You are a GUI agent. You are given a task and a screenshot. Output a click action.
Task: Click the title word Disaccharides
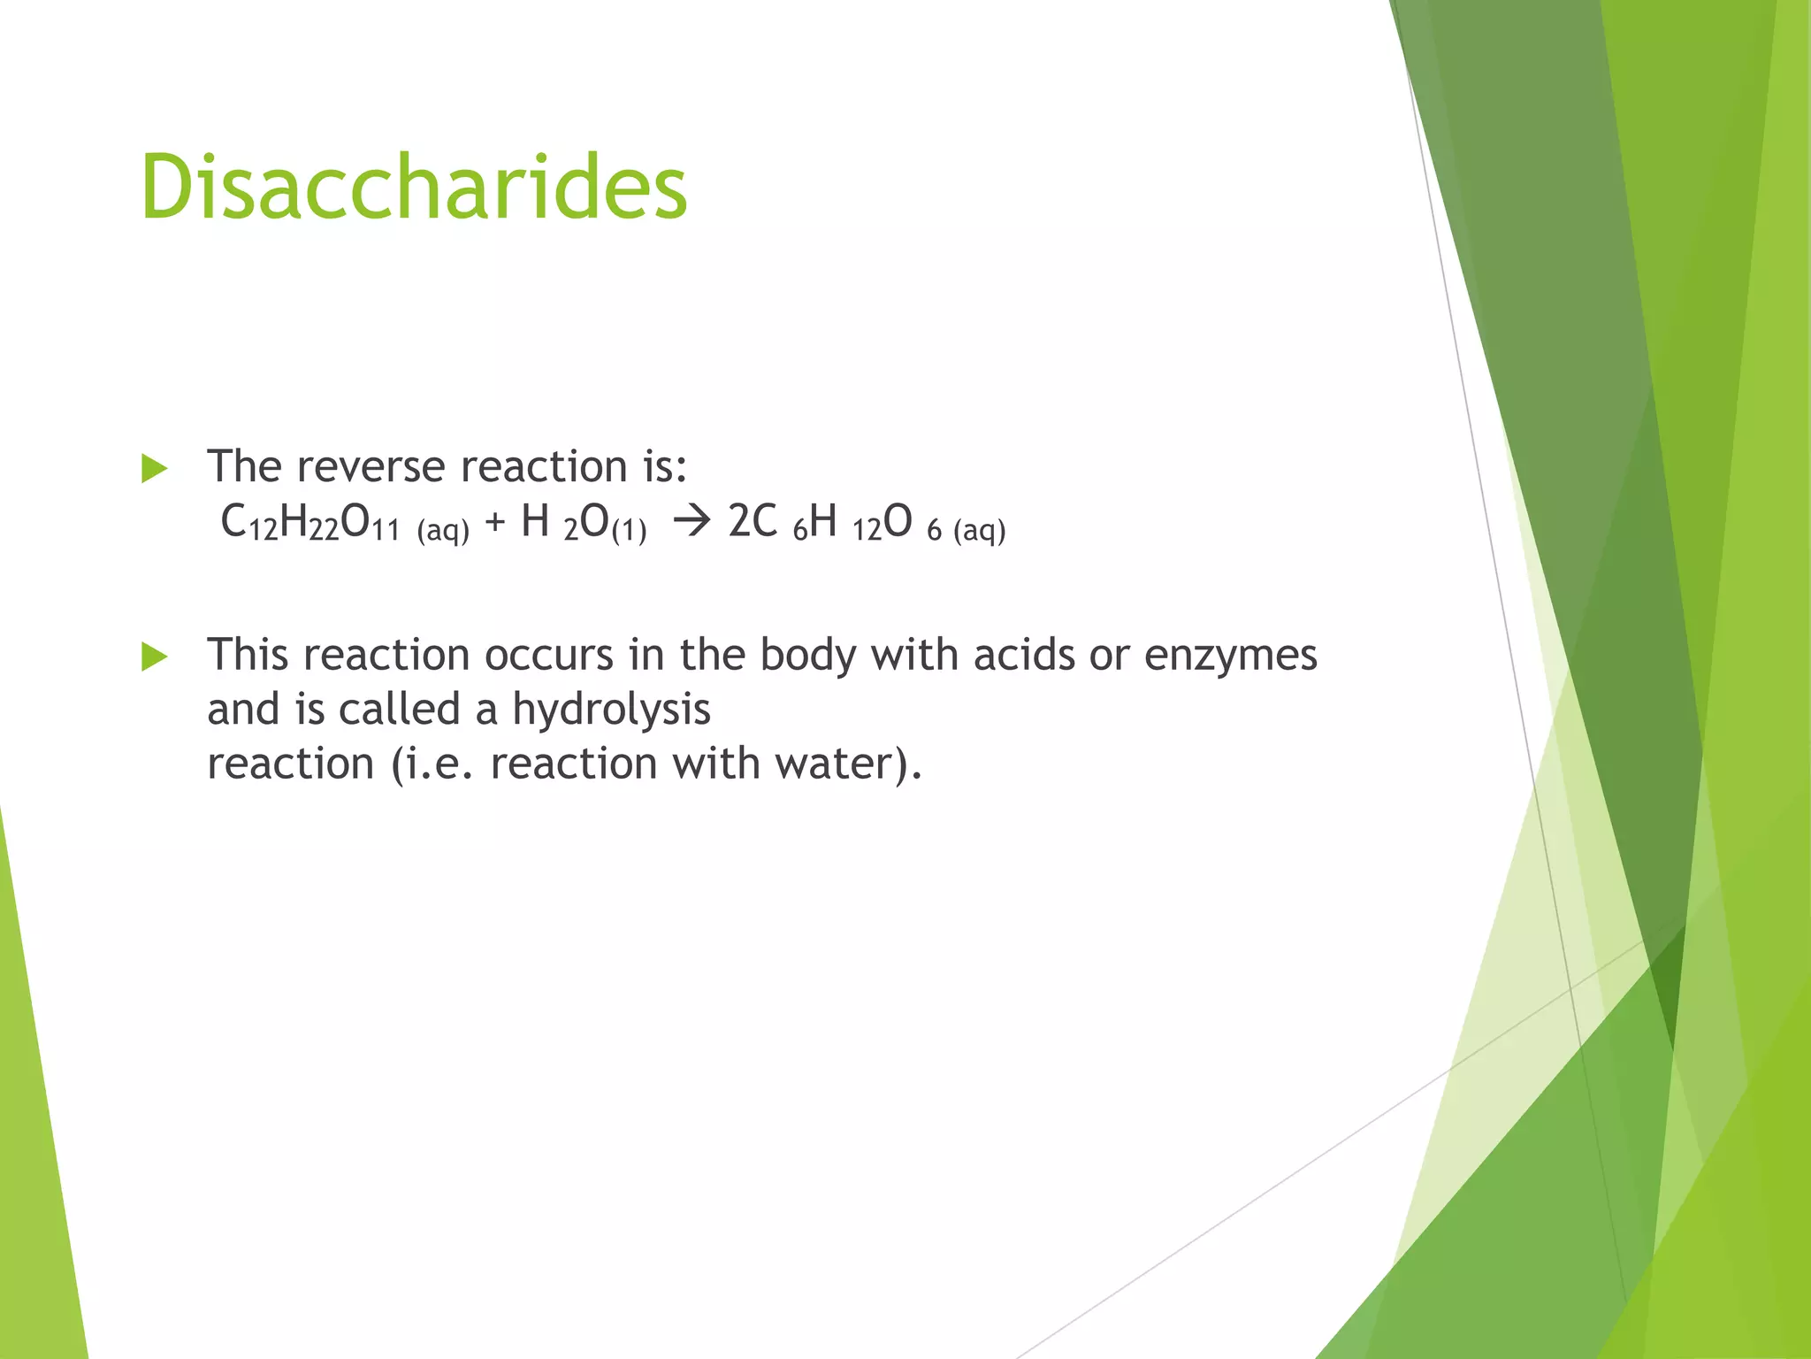[x=413, y=187]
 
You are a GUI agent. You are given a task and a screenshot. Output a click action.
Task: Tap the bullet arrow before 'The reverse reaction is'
[x=154, y=468]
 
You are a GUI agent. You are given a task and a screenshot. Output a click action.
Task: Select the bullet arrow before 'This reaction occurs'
[x=154, y=656]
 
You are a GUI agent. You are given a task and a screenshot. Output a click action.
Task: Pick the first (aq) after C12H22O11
[x=443, y=530]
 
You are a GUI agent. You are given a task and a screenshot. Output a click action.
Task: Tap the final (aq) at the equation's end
[x=980, y=530]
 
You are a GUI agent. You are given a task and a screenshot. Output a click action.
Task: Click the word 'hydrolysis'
[x=611, y=710]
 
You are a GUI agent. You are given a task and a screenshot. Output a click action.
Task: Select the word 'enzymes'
[x=1230, y=656]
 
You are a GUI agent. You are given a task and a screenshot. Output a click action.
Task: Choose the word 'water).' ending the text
[x=849, y=764]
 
